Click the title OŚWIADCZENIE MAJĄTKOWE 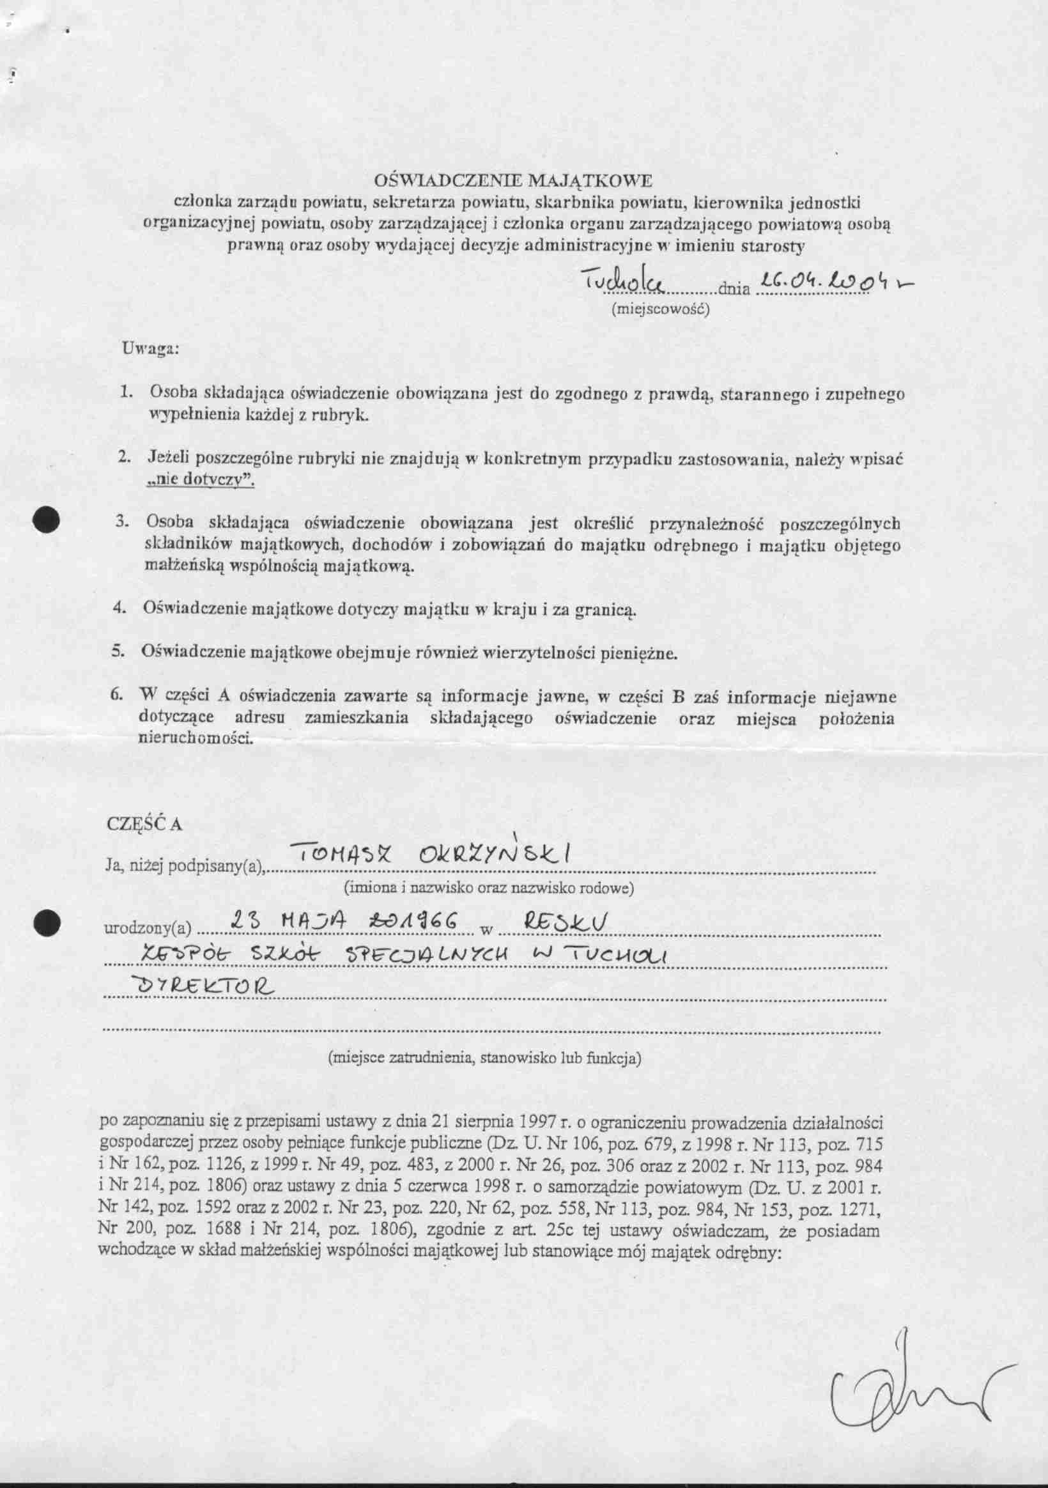[514, 179]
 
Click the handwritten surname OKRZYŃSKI [492, 856]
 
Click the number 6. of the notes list [117, 694]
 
